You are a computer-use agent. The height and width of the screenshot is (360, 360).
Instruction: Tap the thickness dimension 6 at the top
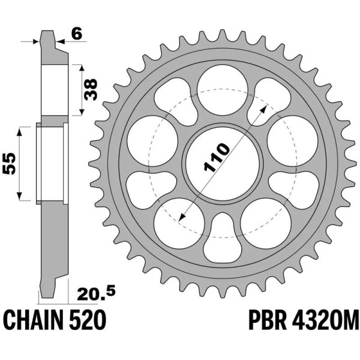[76, 34]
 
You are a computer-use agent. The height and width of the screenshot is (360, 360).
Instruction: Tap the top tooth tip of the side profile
[47, 35]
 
